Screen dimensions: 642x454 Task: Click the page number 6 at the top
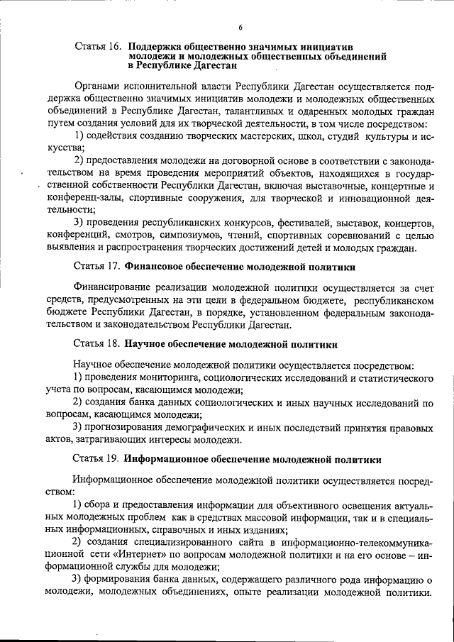(x=240, y=27)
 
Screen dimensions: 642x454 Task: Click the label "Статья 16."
(x=98, y=46)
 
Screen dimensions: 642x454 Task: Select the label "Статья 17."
(x=98, y=267)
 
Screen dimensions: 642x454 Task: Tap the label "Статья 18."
(x=98, y=343)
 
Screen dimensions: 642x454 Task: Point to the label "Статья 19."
(x=98, y=459)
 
